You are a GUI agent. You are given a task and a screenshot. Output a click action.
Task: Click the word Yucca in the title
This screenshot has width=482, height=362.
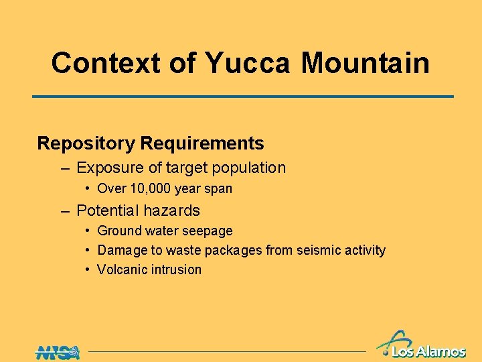248,64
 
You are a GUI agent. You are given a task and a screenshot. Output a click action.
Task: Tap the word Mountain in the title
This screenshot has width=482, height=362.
365,64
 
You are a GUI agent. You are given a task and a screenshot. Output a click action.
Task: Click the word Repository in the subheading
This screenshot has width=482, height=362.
86,143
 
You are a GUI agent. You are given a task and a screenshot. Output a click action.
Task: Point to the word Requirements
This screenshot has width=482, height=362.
202,143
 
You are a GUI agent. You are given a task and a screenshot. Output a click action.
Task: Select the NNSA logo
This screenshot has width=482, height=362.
58,351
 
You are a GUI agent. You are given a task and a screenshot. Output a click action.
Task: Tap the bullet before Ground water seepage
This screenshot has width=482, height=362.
88,231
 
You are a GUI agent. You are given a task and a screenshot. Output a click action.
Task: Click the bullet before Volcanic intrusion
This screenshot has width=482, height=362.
88,269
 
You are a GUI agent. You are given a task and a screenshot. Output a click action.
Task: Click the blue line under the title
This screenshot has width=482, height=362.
243,97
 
